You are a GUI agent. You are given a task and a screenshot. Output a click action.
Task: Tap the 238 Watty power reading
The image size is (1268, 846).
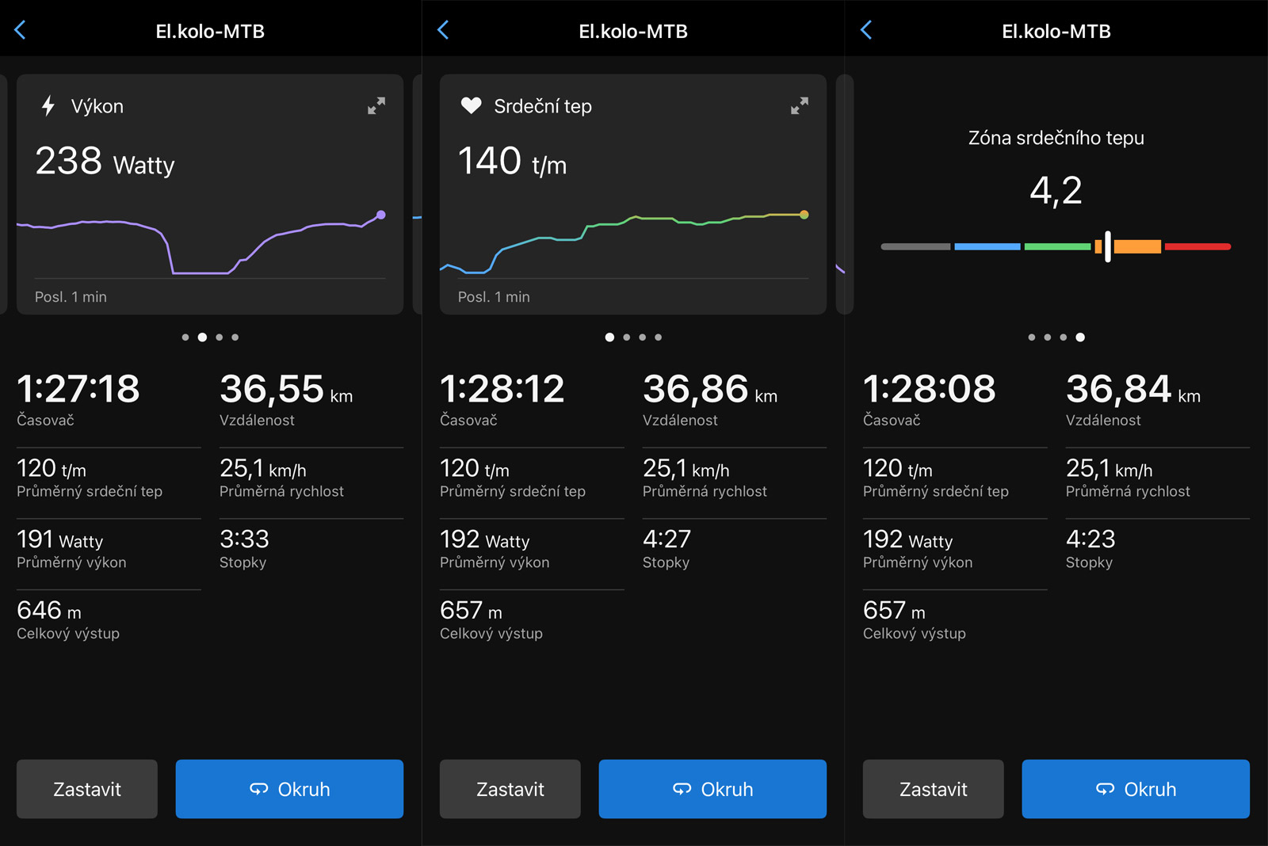(x=105, y=162)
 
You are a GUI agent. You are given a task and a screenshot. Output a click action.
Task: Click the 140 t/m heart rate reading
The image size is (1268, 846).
(x=512, y=162)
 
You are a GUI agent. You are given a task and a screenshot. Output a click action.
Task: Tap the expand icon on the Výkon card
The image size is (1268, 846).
(x=376, y=106)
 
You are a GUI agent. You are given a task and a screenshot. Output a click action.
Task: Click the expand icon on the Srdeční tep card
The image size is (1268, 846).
(x=800, y=106)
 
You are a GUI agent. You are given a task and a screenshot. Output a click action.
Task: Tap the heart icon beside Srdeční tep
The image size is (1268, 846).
(x=471, y=105)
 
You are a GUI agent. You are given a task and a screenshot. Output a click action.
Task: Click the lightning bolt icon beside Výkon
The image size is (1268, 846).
(x=48, y=106)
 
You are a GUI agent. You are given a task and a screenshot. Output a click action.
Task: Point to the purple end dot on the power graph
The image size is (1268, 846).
(x=381, y=215)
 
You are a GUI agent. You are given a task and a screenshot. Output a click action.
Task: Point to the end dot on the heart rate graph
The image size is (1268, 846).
(x=804, y=215)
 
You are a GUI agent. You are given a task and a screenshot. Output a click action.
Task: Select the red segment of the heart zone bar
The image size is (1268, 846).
(x=1197, y=246)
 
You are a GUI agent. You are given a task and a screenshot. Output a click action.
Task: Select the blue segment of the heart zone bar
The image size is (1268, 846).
(x=987, y=246)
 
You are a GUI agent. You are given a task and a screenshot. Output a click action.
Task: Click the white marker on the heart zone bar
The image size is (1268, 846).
(x=1108, y=246)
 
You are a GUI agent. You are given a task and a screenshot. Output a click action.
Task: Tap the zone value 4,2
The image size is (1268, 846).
(x=1056, y=191)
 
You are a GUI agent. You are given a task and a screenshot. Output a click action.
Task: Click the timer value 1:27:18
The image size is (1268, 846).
(x=78, y=389)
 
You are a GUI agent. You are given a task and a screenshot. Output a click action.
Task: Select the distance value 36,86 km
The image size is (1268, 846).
(x=710, y=390)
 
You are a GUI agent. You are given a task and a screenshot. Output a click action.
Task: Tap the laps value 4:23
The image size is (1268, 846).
(x=1090, y=539)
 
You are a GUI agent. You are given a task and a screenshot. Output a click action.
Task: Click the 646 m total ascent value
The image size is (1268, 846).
(x=49, y=611)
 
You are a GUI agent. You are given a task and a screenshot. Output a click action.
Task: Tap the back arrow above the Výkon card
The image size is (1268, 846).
(x=21, y=29)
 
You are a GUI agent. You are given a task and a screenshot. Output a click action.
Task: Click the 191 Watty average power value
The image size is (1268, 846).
(x=60, y=540)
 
